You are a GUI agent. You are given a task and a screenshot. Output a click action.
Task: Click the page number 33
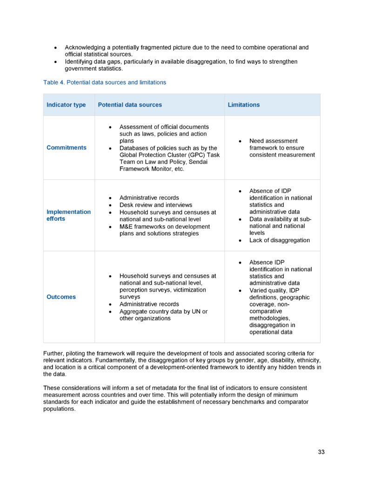(321, 452)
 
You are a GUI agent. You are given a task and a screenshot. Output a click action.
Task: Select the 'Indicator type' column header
(66, 105)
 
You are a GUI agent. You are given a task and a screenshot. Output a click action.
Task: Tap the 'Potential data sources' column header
(130, 105)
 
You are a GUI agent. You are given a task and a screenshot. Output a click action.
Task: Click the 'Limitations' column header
(244, 105)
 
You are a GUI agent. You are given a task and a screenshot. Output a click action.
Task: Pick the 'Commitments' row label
(67, 148)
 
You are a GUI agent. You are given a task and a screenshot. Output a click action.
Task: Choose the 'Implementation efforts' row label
(68, 215)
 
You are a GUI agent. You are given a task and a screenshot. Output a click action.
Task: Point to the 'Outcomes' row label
(61, 297)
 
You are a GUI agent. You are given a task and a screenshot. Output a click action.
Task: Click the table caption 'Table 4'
(54, 82)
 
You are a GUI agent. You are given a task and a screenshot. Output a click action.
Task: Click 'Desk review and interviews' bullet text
(155, 205)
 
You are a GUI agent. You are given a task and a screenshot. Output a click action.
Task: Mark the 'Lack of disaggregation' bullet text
(279, 240)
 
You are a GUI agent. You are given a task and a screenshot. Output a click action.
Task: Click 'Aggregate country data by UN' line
(163, 311)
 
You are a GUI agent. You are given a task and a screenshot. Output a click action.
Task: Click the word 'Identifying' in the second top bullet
(79, 61)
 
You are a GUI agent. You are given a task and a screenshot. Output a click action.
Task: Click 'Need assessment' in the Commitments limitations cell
(273, 141)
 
